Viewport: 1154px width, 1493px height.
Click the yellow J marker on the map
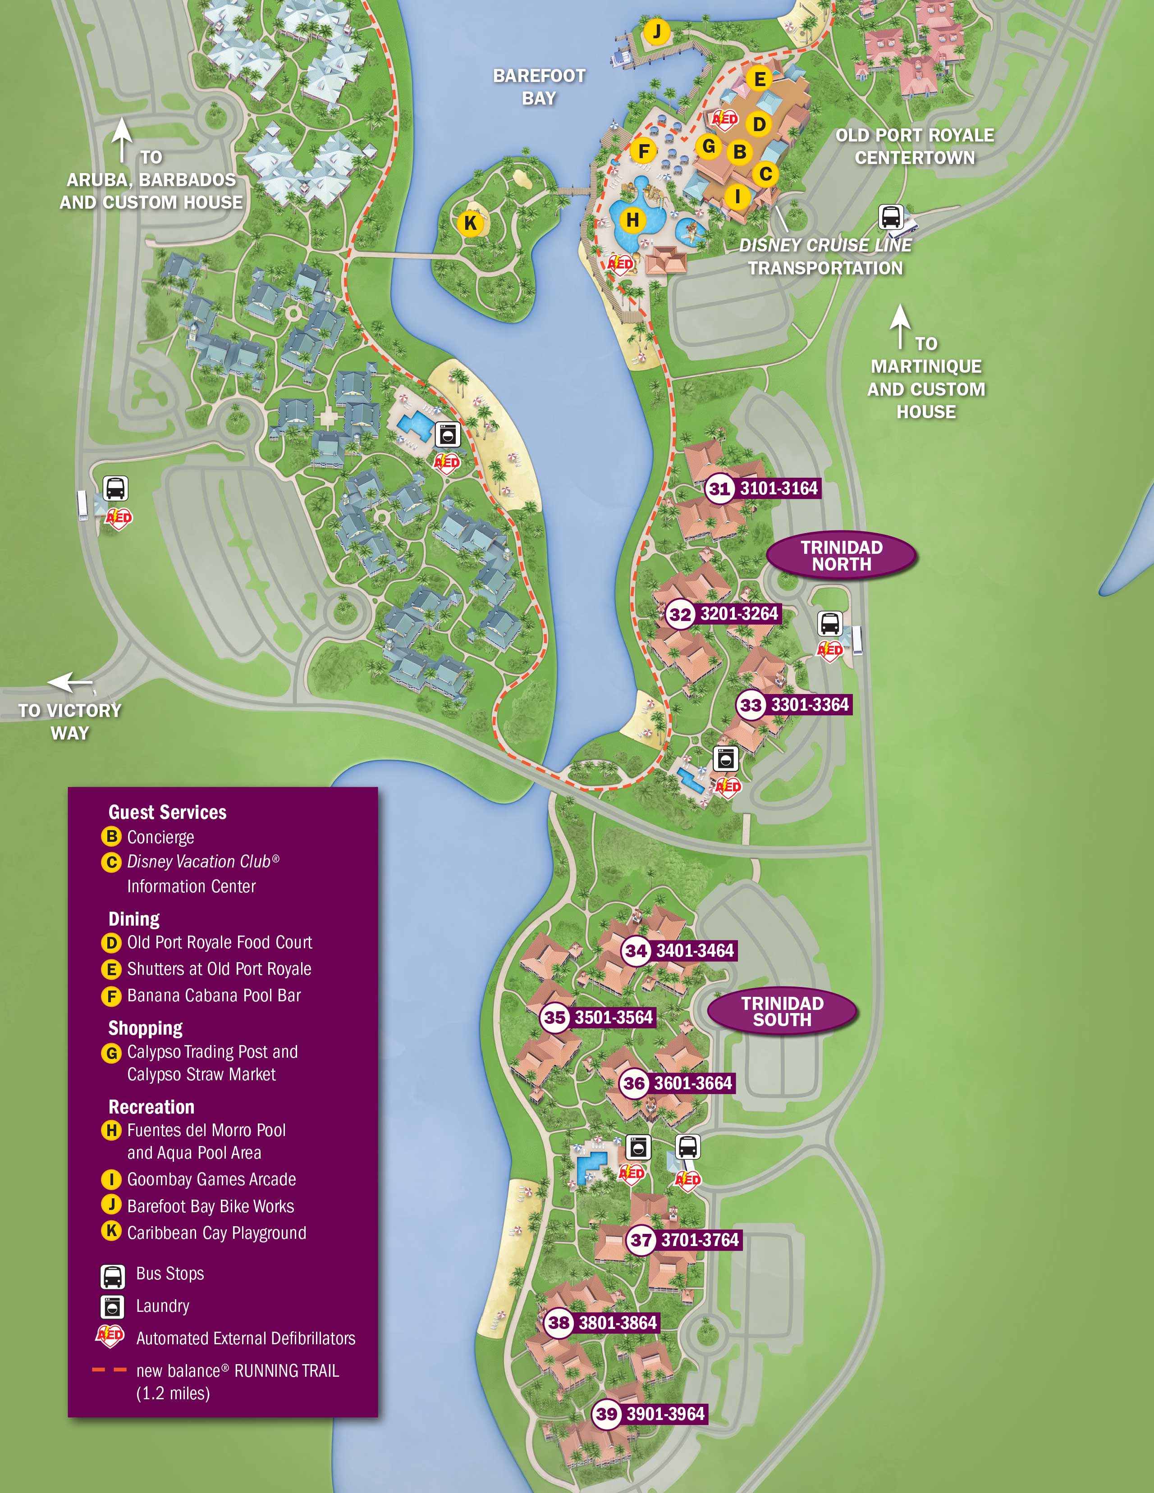(x=657, y=32)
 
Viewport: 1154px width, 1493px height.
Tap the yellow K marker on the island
(x=470, y=223)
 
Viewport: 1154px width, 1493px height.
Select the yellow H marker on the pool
(x=633, y=220)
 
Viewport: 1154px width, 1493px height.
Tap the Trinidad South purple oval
(x=782, y=1011)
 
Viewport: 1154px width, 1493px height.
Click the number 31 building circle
(x=719, y=489)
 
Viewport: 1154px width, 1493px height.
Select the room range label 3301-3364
(x=810, y=705)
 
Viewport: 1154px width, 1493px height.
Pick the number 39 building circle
(x=606, y=1415)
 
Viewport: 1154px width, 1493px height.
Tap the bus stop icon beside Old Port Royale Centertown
(x=891, y=217)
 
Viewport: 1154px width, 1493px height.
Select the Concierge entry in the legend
(x=160, y=837)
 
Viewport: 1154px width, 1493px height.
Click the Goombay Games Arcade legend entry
(x=211, y=1179)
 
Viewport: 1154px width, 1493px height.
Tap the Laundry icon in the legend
(x=113, y=1306)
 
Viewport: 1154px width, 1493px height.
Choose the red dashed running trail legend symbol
(x=110, y=1370)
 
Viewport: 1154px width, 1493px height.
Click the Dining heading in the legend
(x=134, y=919)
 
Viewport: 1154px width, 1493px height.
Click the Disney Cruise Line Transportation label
(x=825, y=256)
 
